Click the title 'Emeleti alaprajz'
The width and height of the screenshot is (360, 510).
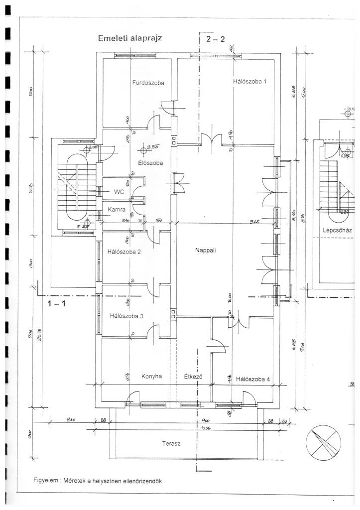click(x=130, y=38)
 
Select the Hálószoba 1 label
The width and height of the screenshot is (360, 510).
click(x=249, y=81)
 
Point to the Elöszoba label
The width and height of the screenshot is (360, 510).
click(x=150, y=162)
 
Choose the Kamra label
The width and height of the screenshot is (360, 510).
click(x=116, y=210)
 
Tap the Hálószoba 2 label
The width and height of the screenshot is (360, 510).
click(x=124, y=252)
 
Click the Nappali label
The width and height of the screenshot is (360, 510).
click(x=205, y=251)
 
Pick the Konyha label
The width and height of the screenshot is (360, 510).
click(x=152, y=377)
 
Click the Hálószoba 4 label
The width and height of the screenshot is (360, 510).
click(x=253, y=379)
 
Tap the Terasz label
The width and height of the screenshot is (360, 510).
click(x=171, y=443)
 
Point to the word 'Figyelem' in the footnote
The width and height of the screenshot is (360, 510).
click(x=46, y=481)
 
